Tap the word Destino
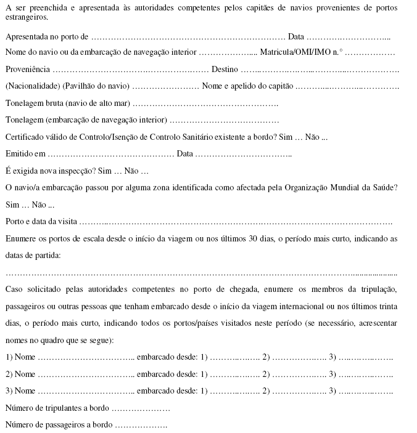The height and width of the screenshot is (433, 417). pyautogui.click(x=225, y=69)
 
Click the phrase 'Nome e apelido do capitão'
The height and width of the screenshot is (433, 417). pyautogui.click(x=248, y=86)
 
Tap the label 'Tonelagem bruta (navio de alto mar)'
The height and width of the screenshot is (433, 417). pyautogui.click(x=68, y=102)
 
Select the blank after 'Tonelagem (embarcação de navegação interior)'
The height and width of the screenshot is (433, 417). pyautogui.click(x=225, y=119)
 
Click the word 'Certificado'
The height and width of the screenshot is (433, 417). pyautogui.click(x=25, y=136)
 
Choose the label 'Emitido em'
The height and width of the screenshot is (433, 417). pyautogui.click(x=25, y=153)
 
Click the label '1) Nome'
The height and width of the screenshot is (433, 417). pyautogui.click(x=20, y=357)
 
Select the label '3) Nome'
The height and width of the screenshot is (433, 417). pyautogui.click(x=20, y=391)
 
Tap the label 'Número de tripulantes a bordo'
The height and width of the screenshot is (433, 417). pyautogui.click(x=57, y=408)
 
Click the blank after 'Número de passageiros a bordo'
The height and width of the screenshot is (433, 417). pyautogui.click(x=141, y=425)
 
